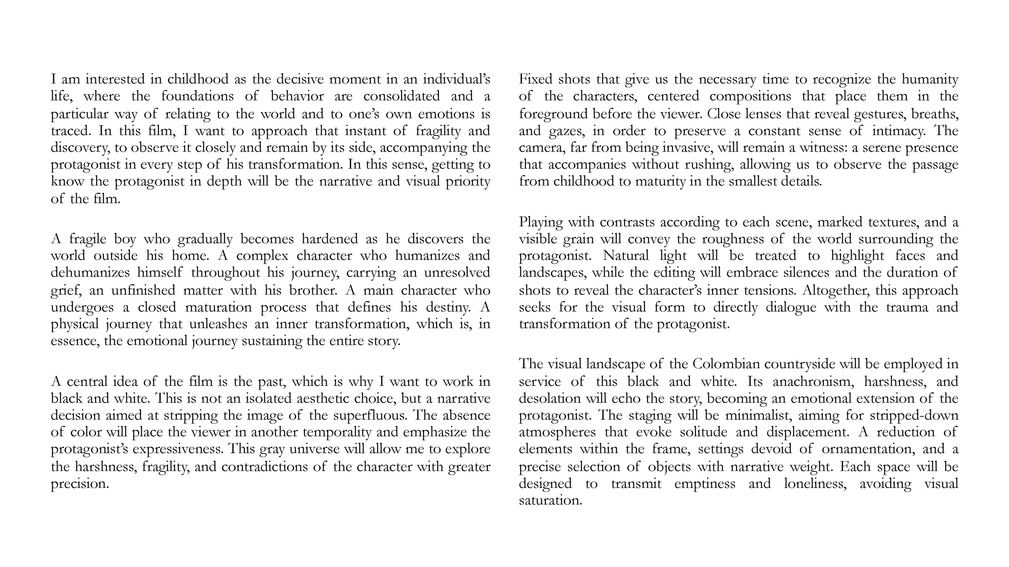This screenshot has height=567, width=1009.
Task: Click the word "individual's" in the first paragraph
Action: (x=456, y=79)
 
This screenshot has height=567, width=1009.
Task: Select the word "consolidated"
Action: (x=401, y=96)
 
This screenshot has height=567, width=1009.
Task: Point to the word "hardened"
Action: (x=330, y=239)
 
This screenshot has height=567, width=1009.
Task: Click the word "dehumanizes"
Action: (x=90, y=273)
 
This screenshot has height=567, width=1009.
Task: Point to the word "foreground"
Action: (x=553, y=114)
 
